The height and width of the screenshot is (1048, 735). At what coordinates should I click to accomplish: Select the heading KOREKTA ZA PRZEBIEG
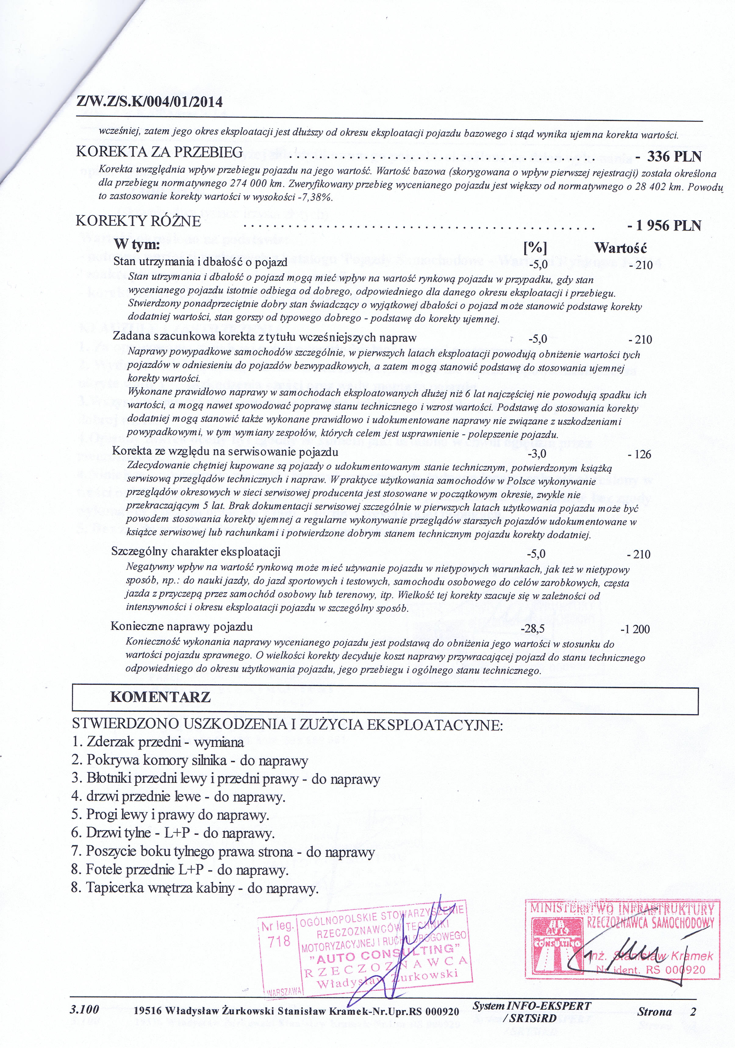point(159,152)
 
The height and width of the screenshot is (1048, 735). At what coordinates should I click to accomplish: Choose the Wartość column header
point(620,248)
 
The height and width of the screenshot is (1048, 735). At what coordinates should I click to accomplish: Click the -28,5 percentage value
point(533,629)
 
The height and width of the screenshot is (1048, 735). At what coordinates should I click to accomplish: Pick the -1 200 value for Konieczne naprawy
point(635,629)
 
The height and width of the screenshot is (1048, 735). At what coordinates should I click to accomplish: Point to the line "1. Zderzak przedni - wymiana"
point(158,742)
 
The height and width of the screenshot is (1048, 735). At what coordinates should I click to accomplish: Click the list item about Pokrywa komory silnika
point(190,760)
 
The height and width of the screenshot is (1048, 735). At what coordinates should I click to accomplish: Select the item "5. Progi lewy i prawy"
point(170,815)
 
